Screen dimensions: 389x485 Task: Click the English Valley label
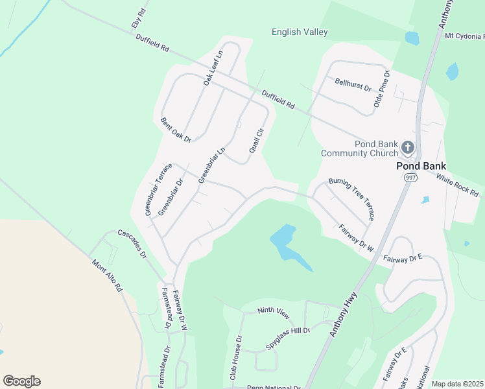tap(300, 32)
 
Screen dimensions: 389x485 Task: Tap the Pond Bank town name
tap(421, 165)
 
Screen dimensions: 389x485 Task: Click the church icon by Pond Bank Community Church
tap(407, 147)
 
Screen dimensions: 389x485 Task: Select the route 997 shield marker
tap(410, 178)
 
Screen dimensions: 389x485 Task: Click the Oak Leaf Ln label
tap(213, 67)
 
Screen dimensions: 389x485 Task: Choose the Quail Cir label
tap(257, 139)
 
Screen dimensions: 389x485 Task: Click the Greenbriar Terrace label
tap(156, 189)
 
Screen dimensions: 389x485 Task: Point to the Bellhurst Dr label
tap(353, 84)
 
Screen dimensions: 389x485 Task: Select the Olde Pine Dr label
tap(381, 89)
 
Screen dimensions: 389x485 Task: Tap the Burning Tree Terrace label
tap(351, 198)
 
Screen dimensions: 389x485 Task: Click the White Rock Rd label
tap(457, 185)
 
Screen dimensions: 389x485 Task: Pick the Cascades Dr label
tap(133, 243)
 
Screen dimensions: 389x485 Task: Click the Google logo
tap(21, 381)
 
